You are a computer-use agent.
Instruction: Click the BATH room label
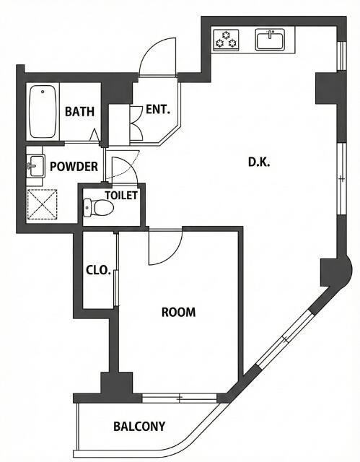(x=79, y=112)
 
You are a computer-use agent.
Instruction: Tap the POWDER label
(x=74, y=167)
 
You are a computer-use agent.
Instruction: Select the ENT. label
(x=158, y=110)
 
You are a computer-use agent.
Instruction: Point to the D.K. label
(x=259, y=162)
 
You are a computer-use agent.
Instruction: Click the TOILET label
(x=121, y=195)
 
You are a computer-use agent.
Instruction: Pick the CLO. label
(x=98, y=270)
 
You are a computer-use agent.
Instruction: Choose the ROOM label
(x=179, y=312)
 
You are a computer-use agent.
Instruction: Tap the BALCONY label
(x=139, y=427)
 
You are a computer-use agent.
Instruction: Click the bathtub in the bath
(x=43, y=112)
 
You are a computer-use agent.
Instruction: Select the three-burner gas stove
(x=226, y=40)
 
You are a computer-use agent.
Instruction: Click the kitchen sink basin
(x=270, y=40)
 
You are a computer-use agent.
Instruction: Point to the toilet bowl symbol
(x=98, y=207)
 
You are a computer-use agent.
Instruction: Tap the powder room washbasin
(x=36, y=166)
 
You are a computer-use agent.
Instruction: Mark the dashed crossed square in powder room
(x=42, y=204)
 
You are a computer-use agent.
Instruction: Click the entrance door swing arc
(x=157, y=56)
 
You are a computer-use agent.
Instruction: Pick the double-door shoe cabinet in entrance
(x=136, y=123)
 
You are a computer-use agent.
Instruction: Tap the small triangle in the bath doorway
(x=95, y=135)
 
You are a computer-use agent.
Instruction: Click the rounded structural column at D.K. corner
(x=335, y=271)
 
